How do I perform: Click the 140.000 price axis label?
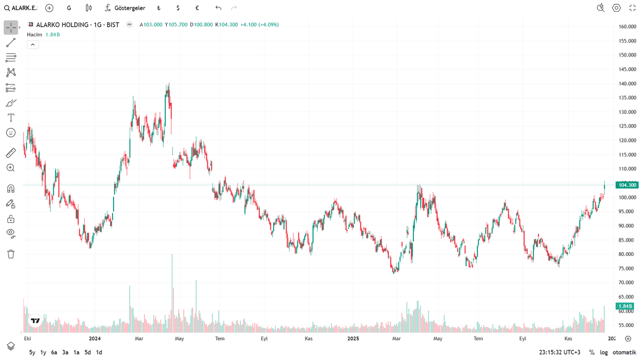[x=627, y=84]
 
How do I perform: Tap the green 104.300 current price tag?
[x=626, y=185]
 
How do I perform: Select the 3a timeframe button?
[x=65, y=352]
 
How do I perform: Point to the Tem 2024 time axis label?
[x=220, y=338]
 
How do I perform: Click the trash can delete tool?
[x=11, y=254]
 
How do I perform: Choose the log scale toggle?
[x=603, y=352]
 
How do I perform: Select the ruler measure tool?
[x=11, y=153]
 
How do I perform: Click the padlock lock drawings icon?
[x=11, y=219]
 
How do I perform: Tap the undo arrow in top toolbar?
[x=218, y=8]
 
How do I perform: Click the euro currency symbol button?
[x=197, y=8]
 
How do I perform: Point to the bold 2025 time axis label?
[x=353, y=338]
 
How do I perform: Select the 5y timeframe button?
[x=32, y=352]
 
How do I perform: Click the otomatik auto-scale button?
[x=625, y=352]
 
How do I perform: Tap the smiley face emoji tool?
[x=11, y=132]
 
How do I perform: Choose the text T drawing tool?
[x=11, y=117]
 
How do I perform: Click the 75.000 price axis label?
[x=627, y=268]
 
